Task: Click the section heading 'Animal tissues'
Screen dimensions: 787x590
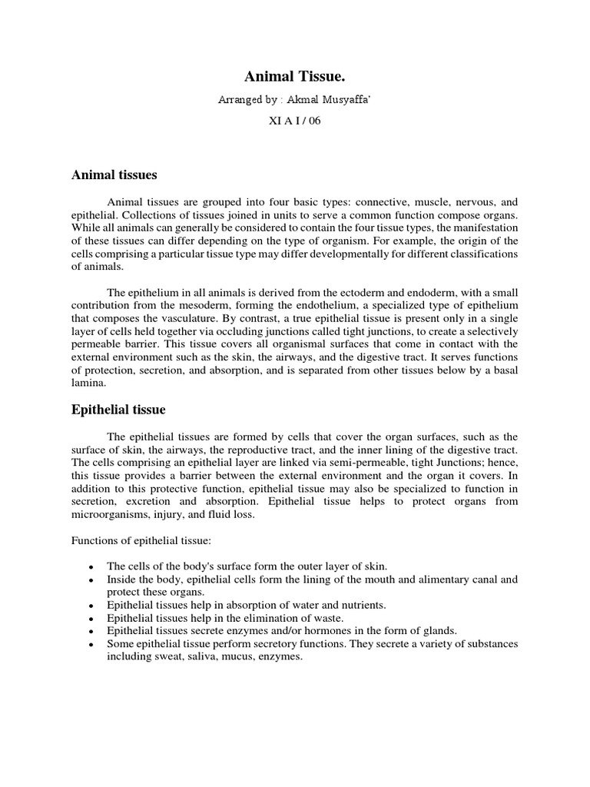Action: point(114,175)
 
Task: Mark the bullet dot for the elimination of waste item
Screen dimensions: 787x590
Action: point(91,619)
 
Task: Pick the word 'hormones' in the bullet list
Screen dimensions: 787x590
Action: point(314,630)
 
